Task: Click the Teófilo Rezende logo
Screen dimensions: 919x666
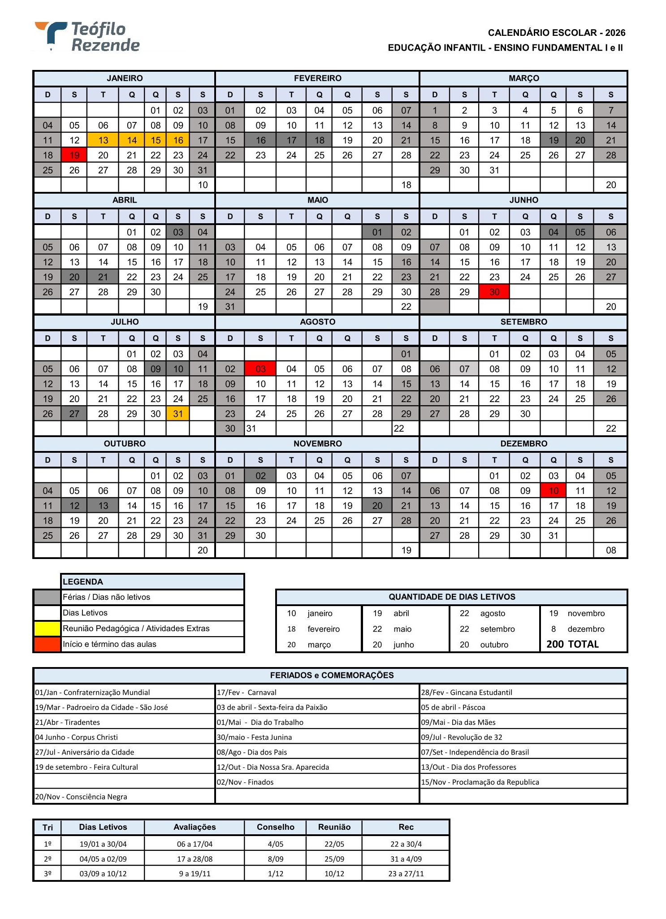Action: [x=88, y=37]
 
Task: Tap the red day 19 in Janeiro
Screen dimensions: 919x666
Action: [x=74, y=156]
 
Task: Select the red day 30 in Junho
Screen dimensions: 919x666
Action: [x=494, y=292]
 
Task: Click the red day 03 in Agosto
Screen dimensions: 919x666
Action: [x=260, y=369]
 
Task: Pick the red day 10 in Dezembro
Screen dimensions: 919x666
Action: [x=554, y=491]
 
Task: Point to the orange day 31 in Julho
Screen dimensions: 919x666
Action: [x=178, y=414]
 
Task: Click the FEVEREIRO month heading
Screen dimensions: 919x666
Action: [x=317, y=78]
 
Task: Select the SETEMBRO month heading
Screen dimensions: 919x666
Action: [x=523, y=322]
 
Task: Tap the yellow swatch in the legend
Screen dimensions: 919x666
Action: [x=48, y=629]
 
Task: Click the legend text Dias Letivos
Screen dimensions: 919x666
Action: [x=85, y=613]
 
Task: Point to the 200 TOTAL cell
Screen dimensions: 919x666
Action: [x=572, y=644]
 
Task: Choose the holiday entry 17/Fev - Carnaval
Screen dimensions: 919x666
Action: [x=247, y=693]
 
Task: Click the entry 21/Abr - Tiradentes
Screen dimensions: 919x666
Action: [x=68, y=722]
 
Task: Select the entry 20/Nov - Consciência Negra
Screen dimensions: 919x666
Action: [x=81, y=797]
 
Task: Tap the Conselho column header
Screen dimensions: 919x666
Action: [x=276, y=827]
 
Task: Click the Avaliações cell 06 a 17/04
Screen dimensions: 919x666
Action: [x=195, y=844]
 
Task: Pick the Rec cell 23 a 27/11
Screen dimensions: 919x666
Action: [x=406, y=874]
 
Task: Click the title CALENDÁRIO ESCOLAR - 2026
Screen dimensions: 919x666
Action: [x=556, y=33]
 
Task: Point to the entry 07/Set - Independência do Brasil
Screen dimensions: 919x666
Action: [x=475, y=752]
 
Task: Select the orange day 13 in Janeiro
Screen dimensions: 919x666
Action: [x=103, y=141]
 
